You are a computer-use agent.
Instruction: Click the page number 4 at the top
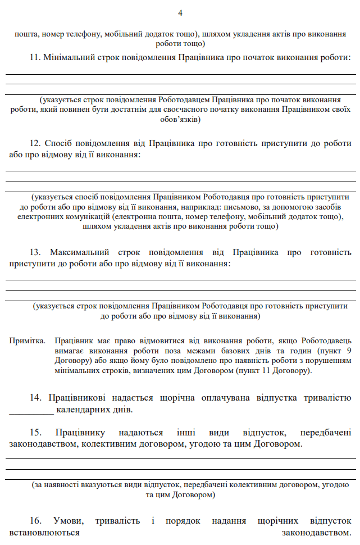(180, 13)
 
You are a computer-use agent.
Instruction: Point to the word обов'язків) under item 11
(180, 119)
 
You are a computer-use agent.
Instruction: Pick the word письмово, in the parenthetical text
(257, 207)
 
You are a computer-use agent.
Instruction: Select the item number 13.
(35, 252)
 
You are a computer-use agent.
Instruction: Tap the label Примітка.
(27, 341)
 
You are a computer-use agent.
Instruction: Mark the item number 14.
(35, 398)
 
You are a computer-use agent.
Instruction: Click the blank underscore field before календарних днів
(31, 410)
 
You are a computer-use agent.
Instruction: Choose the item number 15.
(35, 433)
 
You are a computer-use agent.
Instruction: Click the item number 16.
(35, 520)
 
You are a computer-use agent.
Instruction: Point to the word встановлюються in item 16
(44, 532)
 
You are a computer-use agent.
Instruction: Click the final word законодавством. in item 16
(317, 532)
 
